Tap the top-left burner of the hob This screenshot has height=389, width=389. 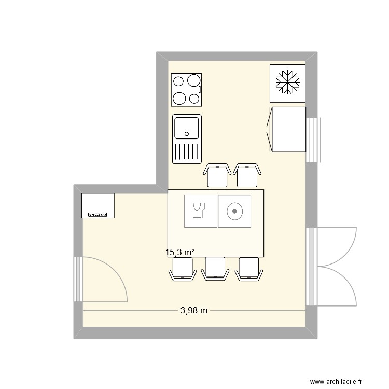pos(178,81)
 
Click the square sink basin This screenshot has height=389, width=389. pos(187,128)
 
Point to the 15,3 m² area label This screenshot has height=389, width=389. pos(180,253)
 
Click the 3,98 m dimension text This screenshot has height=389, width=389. pos(194,311)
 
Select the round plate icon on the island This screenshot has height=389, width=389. pos(234,211)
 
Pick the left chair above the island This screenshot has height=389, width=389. pos(217,175)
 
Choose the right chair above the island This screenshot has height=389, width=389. pos(247,175)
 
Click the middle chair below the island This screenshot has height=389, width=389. pos(215,268)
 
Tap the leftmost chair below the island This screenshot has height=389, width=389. pos(182,268)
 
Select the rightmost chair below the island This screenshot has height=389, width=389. pos(248,268)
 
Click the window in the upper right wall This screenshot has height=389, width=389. pos(313,140)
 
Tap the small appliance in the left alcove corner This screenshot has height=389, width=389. pos(98,206)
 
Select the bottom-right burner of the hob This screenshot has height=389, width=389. pos(195,99)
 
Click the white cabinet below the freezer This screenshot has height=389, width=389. pos(288,130)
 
